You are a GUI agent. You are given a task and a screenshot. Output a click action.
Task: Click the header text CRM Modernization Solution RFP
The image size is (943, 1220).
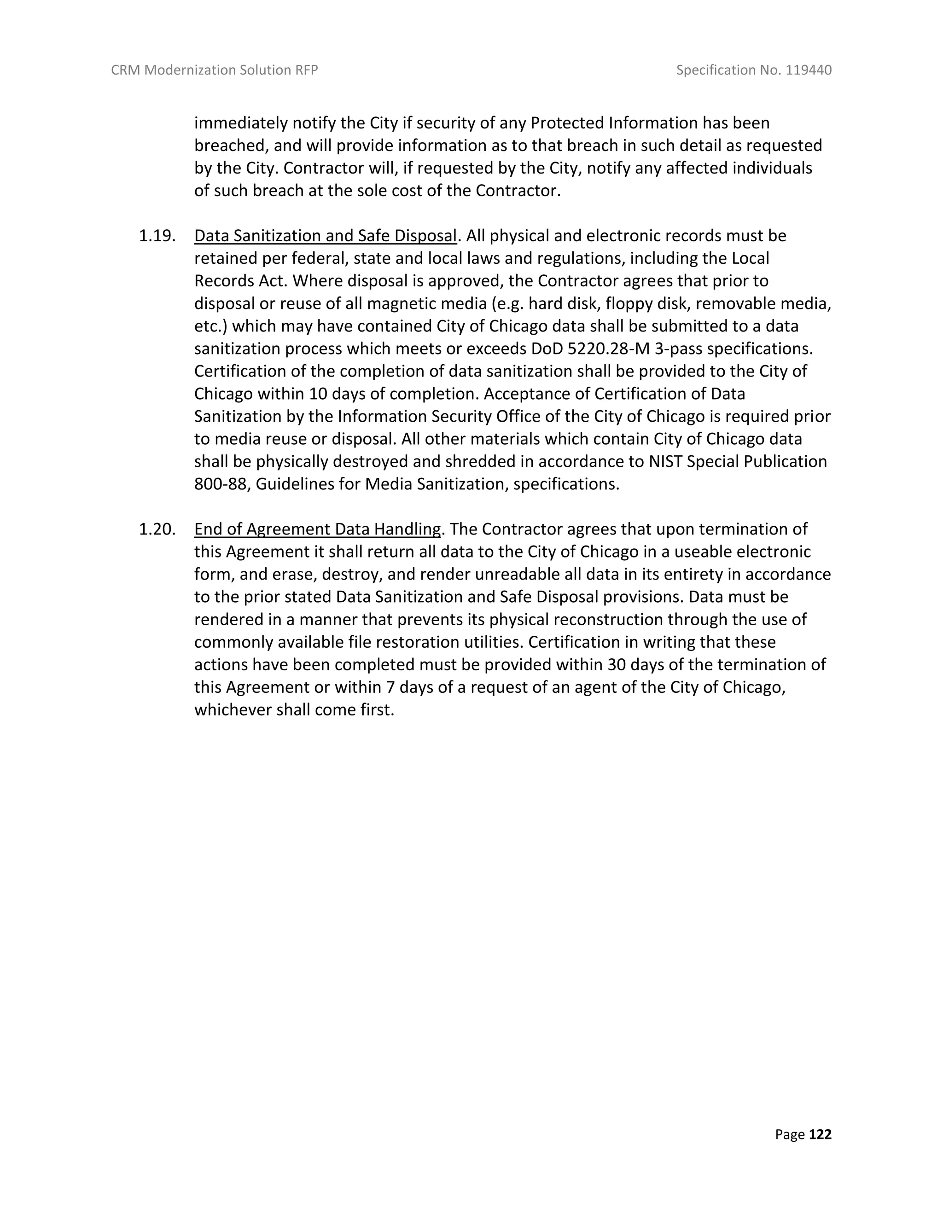[214, 70]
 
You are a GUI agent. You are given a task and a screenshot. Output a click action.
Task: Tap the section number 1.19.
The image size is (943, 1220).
[157, 236]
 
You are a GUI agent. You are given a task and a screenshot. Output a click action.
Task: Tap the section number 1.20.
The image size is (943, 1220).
[157, 529]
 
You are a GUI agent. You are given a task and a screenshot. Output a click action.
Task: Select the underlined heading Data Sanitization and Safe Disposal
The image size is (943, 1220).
[325, 236]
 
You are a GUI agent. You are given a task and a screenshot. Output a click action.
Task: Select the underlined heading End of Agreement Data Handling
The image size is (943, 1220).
[317, 529]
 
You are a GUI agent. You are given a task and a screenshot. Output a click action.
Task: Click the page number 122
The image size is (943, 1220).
[820, 1134]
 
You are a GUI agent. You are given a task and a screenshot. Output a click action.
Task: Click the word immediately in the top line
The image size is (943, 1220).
[241, 123]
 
